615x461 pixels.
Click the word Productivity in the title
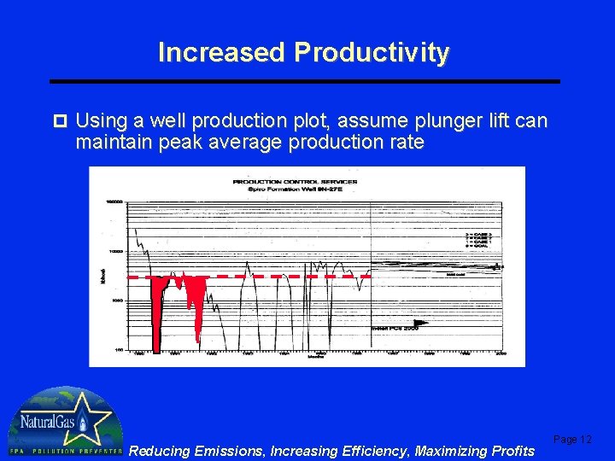click(x=371, y=53)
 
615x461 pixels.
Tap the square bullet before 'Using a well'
click(x=59, y=120)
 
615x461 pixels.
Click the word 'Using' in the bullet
click(x=104, y=120)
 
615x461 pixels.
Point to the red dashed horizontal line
click(x=256, y=277)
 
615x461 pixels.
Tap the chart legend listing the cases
click(x=478, y=238)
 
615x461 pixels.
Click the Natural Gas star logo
click(x=61, y=422)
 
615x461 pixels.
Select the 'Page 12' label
click(x=572, y=439)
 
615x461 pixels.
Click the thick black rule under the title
click(x=305, y=81)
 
